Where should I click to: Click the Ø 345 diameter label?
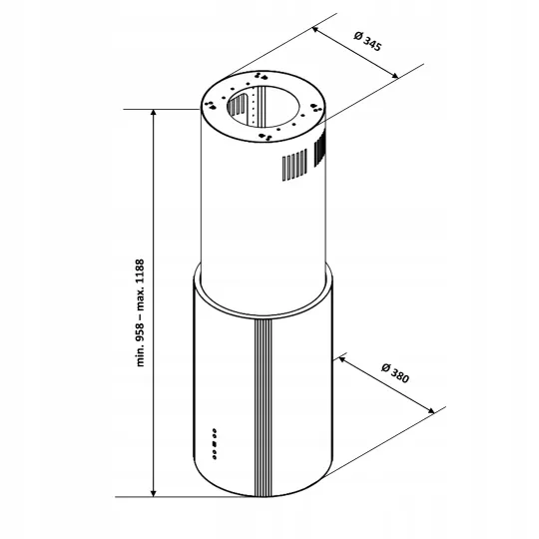click(367, 41)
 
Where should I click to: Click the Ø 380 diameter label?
click(395, 373)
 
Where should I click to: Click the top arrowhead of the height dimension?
click(154, 113)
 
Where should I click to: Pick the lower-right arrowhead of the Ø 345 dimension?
click(395, 76)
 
